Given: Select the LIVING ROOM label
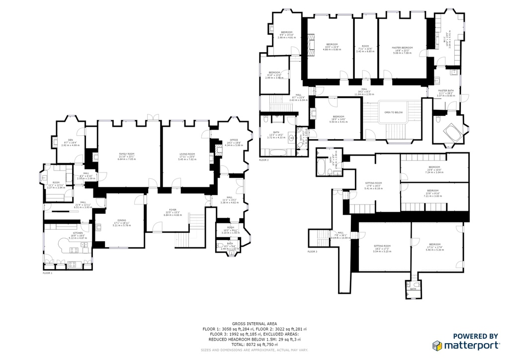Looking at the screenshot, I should pos(187,155).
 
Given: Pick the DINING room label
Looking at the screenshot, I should pos(122,221).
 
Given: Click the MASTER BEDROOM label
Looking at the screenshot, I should pos(402,49).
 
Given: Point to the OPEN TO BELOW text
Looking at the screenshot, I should pos(393,112).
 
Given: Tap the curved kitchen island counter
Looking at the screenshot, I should pos(67,248).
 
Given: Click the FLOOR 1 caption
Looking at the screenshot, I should pos(47,273).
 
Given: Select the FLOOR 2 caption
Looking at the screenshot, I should pos(263,160).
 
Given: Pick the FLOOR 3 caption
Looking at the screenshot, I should pos(312,252).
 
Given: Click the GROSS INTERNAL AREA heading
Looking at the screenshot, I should pos(254,324).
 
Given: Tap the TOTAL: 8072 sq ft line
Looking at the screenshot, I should pos(254,344).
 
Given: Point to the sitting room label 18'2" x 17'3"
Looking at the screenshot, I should pos(382,247).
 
